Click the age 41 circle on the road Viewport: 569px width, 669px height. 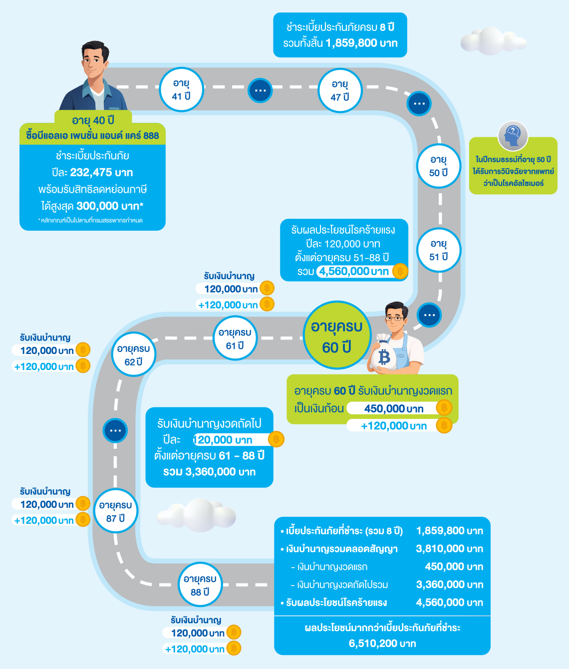point(181,90)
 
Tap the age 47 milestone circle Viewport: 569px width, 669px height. point(340,90)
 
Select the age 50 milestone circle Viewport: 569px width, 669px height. point(439,166)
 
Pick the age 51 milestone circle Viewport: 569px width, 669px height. point(439,250)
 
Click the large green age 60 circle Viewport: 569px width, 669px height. point(337,335)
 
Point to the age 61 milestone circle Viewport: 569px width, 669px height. point(235,338)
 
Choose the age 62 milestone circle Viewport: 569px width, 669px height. point(133,354)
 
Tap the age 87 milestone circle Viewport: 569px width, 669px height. point(116,511)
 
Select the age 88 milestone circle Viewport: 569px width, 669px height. point(200,585)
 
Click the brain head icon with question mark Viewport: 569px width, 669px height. point(513,136)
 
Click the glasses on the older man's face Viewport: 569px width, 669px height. point(395,319)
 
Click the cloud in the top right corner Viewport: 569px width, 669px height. point(493,41)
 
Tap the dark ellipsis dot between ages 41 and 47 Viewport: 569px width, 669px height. point(260,91)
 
